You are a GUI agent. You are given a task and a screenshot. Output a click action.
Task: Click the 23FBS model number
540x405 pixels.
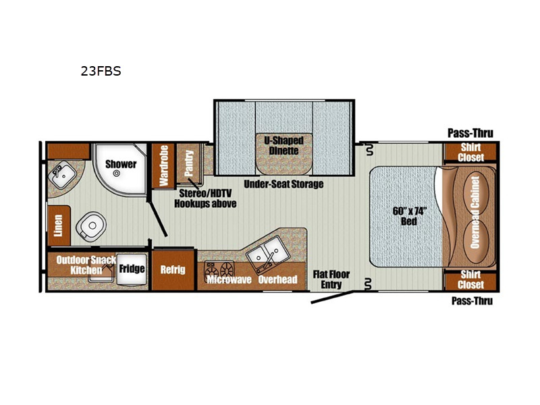(x=101, y=71)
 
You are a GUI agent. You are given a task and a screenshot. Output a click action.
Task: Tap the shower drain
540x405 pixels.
(x=116, y=174)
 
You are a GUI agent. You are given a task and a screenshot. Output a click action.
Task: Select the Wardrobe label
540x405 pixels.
(x=163, y=165)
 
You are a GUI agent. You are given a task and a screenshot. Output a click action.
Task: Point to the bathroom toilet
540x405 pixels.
(x=91, y=226)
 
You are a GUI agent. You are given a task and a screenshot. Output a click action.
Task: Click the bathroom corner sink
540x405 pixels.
(x=62, y=175)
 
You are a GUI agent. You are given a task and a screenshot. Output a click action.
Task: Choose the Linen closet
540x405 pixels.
(x=59, y=225)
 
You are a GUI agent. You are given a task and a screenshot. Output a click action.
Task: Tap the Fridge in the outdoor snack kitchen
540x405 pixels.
(x=132, y=269)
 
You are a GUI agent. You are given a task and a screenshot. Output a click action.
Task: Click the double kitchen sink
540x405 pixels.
(x=265, y=254)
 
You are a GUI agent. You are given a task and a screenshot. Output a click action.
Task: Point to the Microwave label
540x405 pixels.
(x=229, y=279)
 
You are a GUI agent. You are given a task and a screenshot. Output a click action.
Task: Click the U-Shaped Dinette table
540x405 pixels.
(x=284, y=154)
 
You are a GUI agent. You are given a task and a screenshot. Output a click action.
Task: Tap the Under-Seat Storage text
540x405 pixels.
(x=283, y=184)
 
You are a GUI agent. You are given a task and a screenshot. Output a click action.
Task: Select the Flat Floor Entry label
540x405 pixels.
(x=331, y=279)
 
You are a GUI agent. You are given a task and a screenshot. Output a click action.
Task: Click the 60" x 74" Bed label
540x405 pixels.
(x=410, y=216)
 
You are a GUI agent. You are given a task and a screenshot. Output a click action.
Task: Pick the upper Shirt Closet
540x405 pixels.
(x=470, y=153)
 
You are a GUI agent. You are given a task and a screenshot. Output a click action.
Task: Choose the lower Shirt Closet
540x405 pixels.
(x=470, y=280)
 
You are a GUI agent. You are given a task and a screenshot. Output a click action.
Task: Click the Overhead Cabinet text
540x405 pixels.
(x=475, y=213)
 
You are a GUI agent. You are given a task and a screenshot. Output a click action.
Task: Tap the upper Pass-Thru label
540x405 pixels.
(x=470, y=133)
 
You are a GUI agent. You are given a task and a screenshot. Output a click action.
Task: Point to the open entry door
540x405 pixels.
(x=332, y=297)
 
